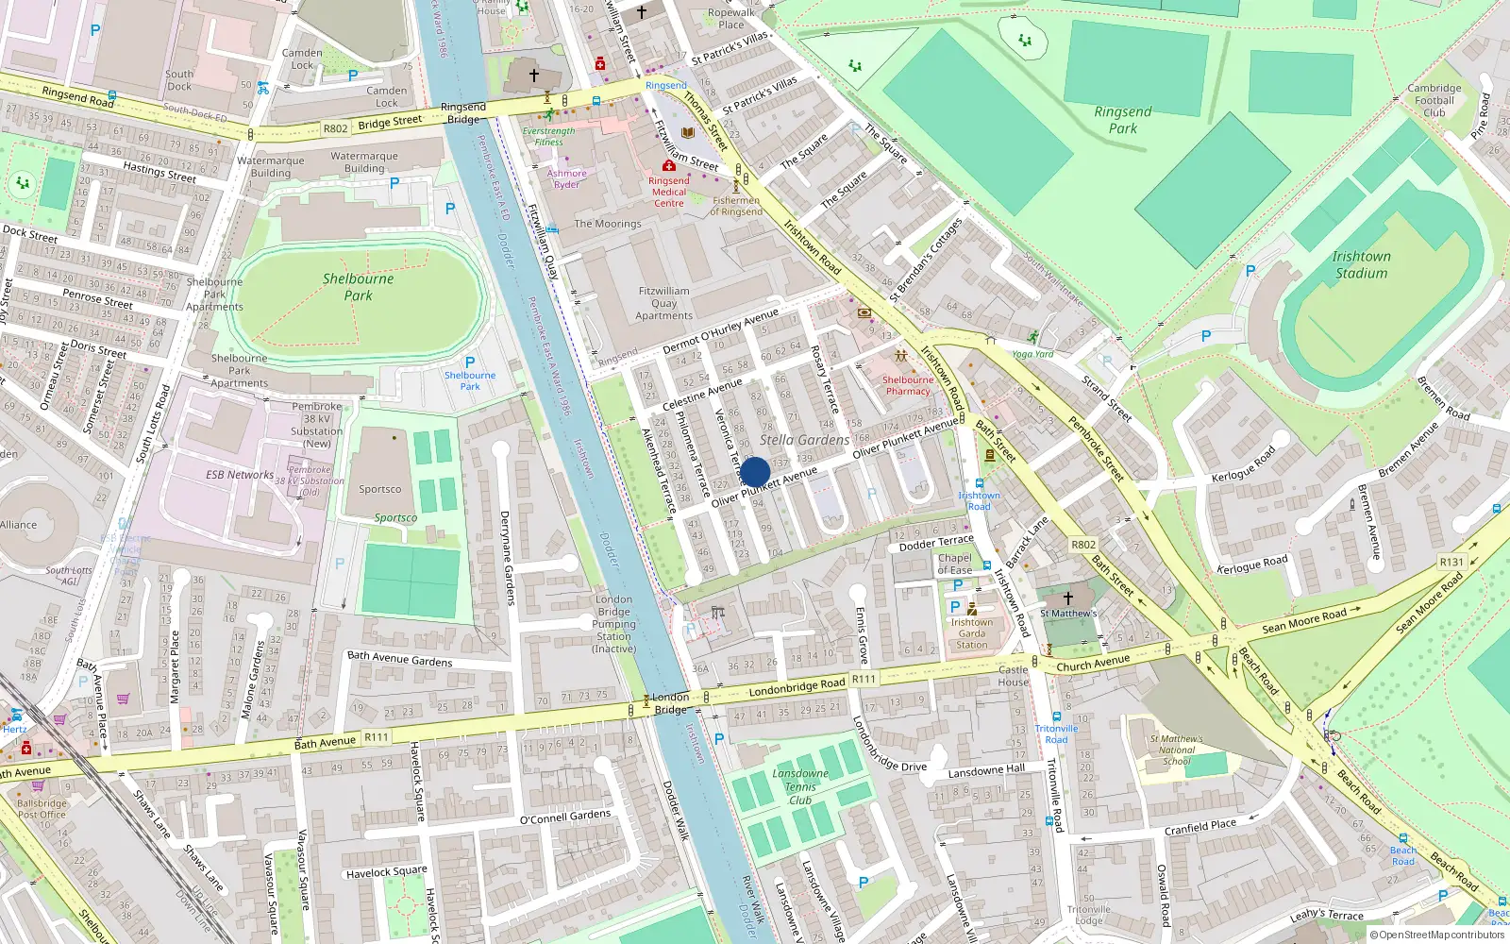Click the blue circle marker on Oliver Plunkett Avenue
pyautogui.click(x=755, y=472)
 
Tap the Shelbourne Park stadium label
pyautogui.click(x=359, y=287)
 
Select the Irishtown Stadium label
pyautogui.click(x=1360, y=264)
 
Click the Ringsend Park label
pyautogui.click(x=1122, y=120)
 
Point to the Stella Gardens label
pyautogui.click(x=804, y=440)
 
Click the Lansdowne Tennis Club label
pyautogui.click(x=800, y=786)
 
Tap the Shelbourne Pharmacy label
pyautogui.click(x=907, y=385)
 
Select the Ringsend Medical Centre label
pyautogui.click(x=668, y=192)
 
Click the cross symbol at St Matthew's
pyautogui.click(x=1067, y=598)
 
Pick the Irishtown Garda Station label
pyautogui.click(x=971, y=632)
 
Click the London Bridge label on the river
pyautogui.click(x=670, y=703)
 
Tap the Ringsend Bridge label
pyautogui.click(x=463, y=113)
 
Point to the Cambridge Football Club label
pyautogui.click(x=1434, y=100)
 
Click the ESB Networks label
pyautogui.click(x=240, y=475)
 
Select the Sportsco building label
pyautogui.click(x=379, y=489)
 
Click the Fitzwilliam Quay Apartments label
pyautogui.click(x=663, y=303)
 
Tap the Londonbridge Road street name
pyautogui.click(x=797, y=687)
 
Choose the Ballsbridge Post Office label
pyautogui.click(x=42, y=809)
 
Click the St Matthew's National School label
pyautogui.click(x=1176, y=750)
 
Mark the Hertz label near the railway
pyautogui.click(x=14, y=729)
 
